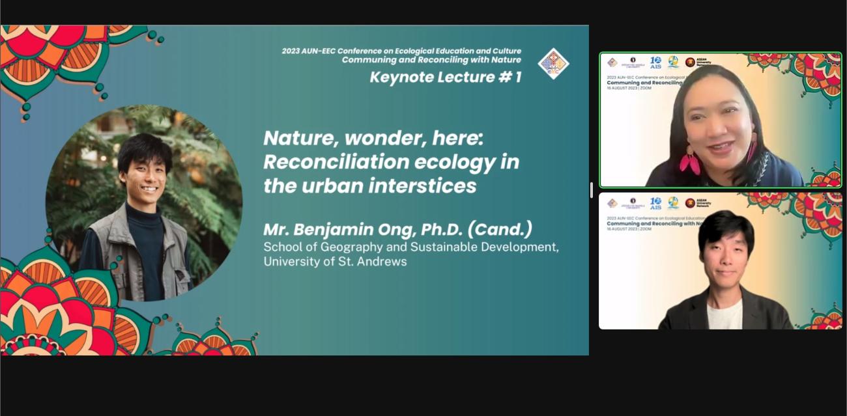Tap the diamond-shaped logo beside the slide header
tap(553, 64)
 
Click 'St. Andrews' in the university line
tap(378, 262)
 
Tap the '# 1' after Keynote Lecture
tap(510, 77)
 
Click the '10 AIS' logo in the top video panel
tap(655, 62)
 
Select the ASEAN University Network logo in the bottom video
tap(699, 203)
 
